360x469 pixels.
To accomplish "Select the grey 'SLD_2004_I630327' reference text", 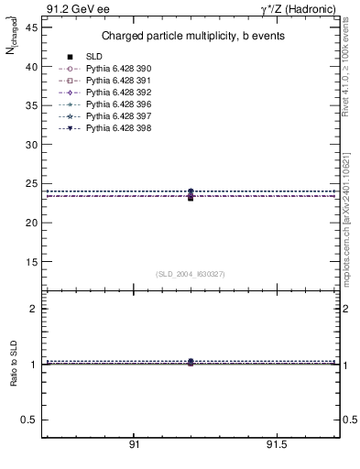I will [x=191, y=274].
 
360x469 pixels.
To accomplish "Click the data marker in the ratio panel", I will [x=191, y=363].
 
